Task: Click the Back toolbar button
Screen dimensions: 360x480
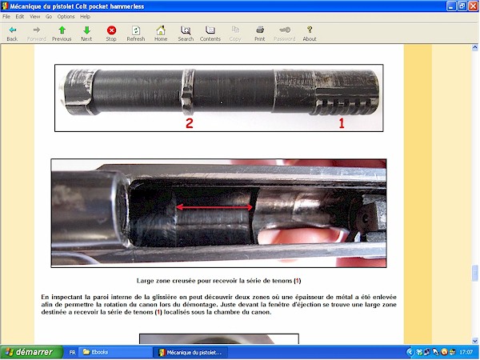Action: pyautogui.click(x=12, y=32)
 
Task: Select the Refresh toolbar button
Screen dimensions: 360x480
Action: pyautogui.click(x=136, y=32)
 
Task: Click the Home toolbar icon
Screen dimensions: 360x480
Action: pyautogui.click(x=161, y=32)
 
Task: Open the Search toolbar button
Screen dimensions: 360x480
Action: pyautogui.click(x=186, y=32)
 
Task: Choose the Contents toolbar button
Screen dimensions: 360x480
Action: pyautogui.click(x=210, y=32)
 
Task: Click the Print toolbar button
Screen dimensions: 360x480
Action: pyautogui.click(x=260, y=32)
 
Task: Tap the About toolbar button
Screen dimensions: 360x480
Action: pyautogui.click(x=310, y=32)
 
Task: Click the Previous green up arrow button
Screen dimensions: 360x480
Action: pyautogui.click(x=62, y=32)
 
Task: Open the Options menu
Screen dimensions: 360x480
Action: pyautogui.click(x=66, y=16)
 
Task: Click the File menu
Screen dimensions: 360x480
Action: pyautogui.click(x=7, y=16)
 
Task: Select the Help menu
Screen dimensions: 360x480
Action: pyautogui.click(x=85, y=16)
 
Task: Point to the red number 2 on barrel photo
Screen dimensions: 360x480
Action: pyautogui.click(x=190, y=123)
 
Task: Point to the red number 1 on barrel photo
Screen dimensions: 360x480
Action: pyautogui.click(x=341, y=123)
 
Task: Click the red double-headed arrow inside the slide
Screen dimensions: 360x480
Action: pyautogui.click(x=215, y=207)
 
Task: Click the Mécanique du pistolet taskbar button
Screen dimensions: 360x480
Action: pyautogui.click(x=192, y=352)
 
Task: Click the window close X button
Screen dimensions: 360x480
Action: pyautogui.click(x=473, y=6)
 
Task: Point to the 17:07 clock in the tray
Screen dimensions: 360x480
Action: pyautogui.click(x=465, y=352)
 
